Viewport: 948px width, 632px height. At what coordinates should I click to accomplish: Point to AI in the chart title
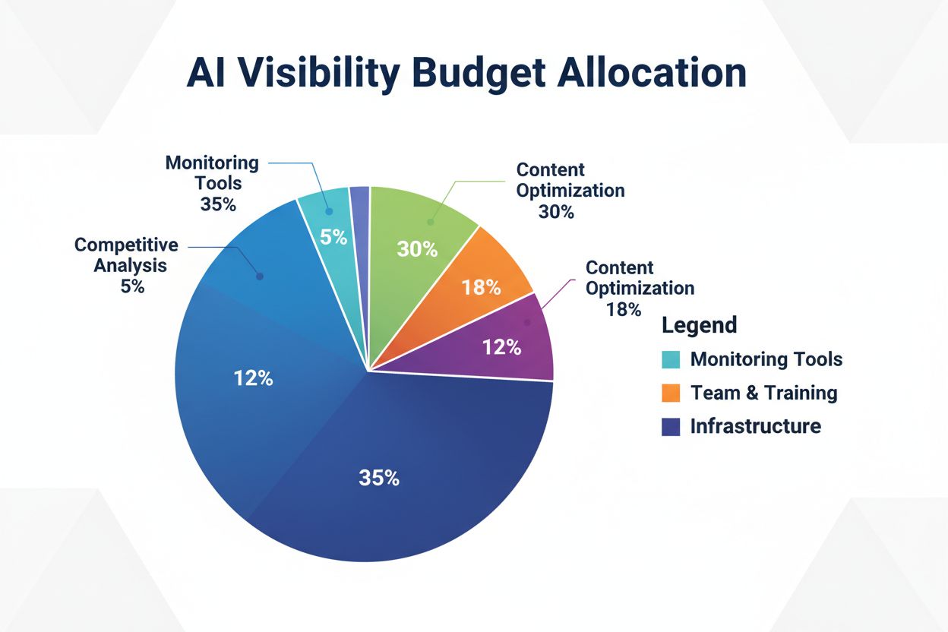(207, 74)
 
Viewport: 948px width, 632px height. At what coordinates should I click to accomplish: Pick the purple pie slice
(517, 342)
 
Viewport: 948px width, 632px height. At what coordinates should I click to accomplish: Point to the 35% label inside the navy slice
(379, 478)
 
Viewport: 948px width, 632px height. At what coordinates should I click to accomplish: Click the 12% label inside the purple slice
(502, 347)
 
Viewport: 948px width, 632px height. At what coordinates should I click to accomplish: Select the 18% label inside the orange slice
(481, 287)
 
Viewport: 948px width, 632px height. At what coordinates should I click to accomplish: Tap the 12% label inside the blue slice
(253, 378)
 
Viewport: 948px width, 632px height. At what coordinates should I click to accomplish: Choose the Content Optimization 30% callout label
(570, 190)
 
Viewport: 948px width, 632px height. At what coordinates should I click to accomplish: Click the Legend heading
(699, 325)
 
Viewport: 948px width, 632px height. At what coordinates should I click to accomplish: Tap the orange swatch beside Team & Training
(671, 393)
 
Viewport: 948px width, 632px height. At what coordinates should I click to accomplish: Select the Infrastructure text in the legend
(755, 426)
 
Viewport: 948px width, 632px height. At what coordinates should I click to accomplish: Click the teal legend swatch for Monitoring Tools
(671, 359)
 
